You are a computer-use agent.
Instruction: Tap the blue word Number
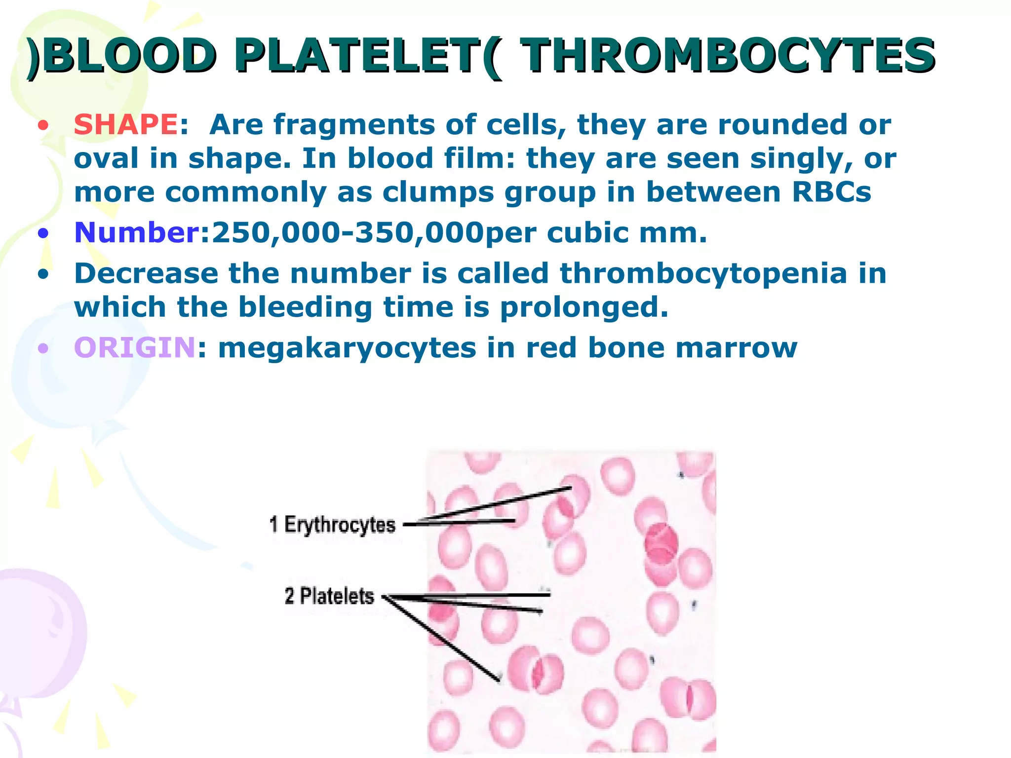pyautogui.click(x=137, y=232)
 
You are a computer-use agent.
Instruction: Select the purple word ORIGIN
pyautogui.click(x=134, y=347)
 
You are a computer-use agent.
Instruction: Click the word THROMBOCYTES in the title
pyautogui.click(x=728, y=55)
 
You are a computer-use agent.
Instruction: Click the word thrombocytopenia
pyautogui.click(x=703, y=273)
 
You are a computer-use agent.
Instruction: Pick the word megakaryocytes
pyautogui.click(x=347, y=348)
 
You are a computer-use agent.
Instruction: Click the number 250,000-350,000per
pyautogui.click(x=374, y=233)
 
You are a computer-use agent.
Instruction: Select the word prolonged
pyautogui.click(x=584, y=307)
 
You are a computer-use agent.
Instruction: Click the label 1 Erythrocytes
pyautogui.click(x=332, y=524)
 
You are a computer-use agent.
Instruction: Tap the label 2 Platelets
pyautogui.click(x=329, y=596)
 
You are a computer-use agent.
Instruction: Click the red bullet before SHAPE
pyautogui.click(x=43, y=125)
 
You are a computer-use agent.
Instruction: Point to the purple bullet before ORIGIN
pyautogui.click(x=43, y=349)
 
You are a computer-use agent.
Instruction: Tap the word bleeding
pyautogui.click(x=305, y=307)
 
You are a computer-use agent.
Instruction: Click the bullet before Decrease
pyautogui.click(x=43, y=274)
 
